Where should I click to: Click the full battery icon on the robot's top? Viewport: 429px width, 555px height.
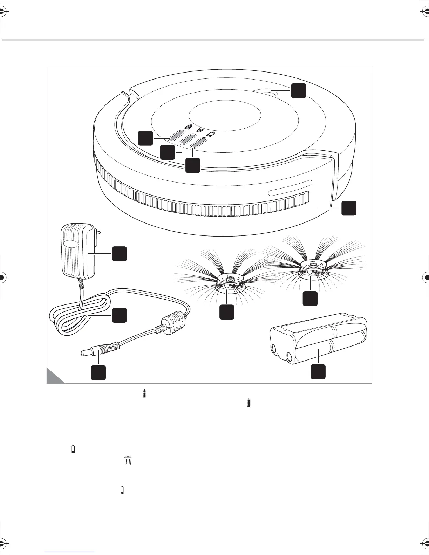tap(189, 127)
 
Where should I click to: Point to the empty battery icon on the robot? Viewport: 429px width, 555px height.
tap(211, 134)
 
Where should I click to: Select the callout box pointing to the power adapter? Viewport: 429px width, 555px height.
tap(119, 254)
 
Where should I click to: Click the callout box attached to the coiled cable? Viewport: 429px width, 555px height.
tap(119, 315)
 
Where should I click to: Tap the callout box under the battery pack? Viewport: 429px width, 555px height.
tap(318, 372)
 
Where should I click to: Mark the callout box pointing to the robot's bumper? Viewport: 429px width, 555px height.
tap(349, 208)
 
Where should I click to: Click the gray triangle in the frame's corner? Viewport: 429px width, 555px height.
tap(53, 377)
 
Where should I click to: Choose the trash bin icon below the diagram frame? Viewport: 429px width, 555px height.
tap(128, 460)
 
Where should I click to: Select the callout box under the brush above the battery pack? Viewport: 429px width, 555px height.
tap(310, 298)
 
